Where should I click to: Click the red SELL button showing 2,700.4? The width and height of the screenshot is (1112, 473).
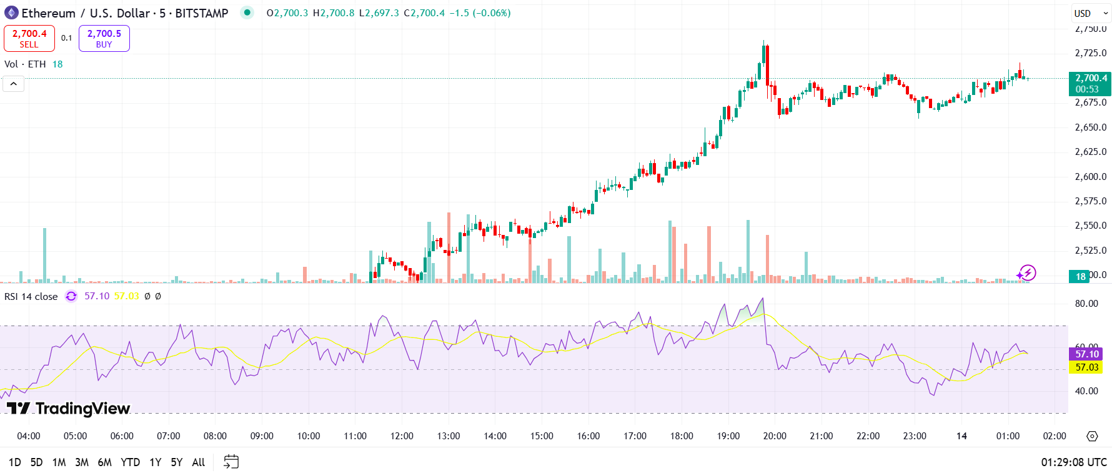(29, 38)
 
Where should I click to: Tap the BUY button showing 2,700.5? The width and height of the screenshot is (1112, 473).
(104, 38)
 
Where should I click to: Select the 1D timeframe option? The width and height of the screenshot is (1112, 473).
(15, 462)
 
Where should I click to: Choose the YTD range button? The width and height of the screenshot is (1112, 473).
(130, 462)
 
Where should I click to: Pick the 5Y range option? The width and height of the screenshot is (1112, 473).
(177, 462)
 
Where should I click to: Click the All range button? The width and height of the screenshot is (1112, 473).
(199, 462)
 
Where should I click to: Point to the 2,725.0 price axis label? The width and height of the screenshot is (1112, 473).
(1090, 53)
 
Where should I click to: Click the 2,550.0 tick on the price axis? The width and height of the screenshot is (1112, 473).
(1090, 226)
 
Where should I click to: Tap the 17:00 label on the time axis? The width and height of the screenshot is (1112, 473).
(635, 436)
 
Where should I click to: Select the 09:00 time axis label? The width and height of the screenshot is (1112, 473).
(262, 436)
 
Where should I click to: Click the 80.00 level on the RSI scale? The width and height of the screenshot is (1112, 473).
(1086, 304)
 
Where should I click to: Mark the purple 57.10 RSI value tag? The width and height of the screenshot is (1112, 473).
(1087, 354)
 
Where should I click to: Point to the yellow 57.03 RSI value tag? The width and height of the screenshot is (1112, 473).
(1087, 367)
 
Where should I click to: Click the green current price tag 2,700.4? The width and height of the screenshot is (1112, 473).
(1090, 83)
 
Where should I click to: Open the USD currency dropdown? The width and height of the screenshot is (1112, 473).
(1090, 13)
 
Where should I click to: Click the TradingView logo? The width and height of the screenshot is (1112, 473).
(69, 409)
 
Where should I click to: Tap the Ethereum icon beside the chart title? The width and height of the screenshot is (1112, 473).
(11, 13)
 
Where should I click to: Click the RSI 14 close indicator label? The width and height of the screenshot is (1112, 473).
(31, 297)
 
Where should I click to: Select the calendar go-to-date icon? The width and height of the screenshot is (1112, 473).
(231, 462)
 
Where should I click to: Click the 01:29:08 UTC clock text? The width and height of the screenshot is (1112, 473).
(1073, 462)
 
